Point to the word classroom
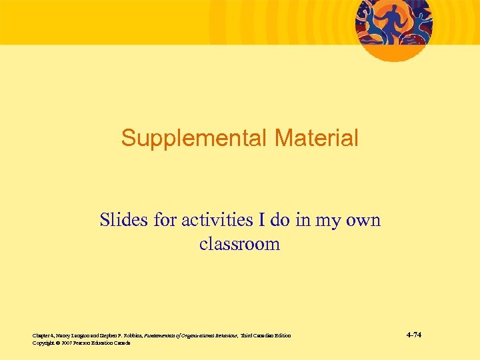point(239,244)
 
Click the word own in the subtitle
point(364,219)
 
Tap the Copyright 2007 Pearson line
point(81,343)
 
